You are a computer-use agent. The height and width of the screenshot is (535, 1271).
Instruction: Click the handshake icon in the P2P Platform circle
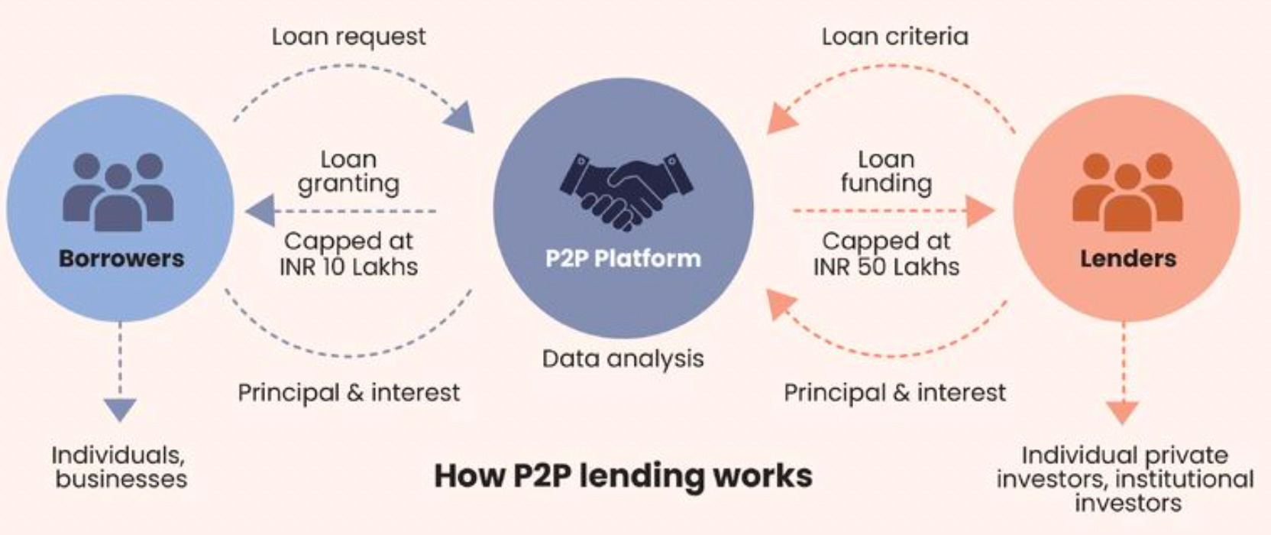coord(625,191)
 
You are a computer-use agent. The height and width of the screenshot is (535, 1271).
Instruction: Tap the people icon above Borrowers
coord(118,192)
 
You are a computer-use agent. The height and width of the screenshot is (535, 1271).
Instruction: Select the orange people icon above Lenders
coord(1127,192)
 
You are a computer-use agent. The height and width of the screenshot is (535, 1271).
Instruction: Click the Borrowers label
coord(121,258)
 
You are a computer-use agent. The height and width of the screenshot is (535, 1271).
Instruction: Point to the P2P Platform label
coord(623,258)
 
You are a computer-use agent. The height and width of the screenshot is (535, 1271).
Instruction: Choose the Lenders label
coord(1128,258)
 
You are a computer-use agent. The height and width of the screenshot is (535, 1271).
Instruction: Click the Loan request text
coord(349,37)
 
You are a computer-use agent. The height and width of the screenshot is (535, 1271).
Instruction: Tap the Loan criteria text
coord(894,37)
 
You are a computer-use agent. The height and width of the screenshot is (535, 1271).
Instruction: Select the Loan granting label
coord(348,171)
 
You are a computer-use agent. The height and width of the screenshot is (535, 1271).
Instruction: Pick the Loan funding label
coord(886,171)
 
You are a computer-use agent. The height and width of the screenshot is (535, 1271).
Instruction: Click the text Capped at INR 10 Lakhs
coord(349,254)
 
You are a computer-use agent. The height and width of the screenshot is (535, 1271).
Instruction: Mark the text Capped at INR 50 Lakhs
coord(886,254)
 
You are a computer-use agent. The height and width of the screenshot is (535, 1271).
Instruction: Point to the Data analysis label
coord(623,358)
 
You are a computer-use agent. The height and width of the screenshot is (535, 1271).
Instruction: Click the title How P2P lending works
coord(623,475)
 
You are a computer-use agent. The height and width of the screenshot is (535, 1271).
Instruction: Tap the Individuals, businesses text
coord(120,467)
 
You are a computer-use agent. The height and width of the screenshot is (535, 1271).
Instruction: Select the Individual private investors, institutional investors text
coord(1125,479)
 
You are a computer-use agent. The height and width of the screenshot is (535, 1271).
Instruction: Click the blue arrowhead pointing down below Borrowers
coord(120,409)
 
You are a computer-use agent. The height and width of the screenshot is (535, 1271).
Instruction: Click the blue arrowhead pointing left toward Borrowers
coord(260,211)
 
